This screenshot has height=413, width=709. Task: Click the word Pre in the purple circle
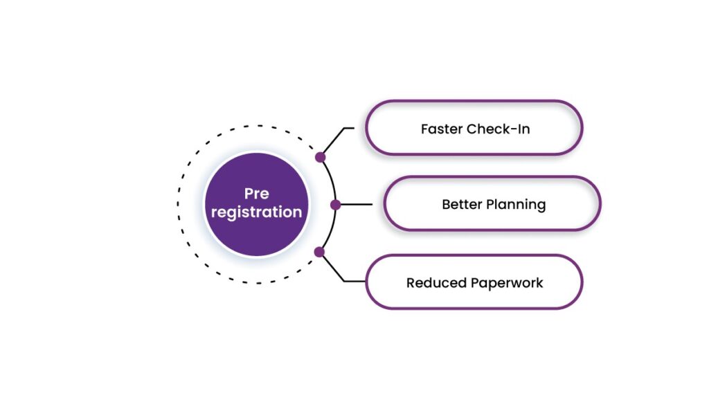tap(256, 194)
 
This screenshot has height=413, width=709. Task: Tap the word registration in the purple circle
tap(256, 212)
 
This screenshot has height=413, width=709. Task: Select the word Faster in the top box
tap(442, 129)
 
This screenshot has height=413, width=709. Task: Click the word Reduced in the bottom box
tap(436, 283)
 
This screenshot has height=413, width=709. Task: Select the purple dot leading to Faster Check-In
tap(320, 157)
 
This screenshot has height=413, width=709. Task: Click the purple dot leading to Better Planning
tap(335, 205)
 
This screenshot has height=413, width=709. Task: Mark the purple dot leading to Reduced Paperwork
tap(319, 252)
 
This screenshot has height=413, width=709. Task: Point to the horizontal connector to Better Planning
tap(356, 205)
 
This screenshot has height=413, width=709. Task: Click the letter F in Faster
tap(424, 129)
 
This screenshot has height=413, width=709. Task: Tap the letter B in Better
tap(446, 205)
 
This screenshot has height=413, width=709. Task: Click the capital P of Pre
tap(248, 194)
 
